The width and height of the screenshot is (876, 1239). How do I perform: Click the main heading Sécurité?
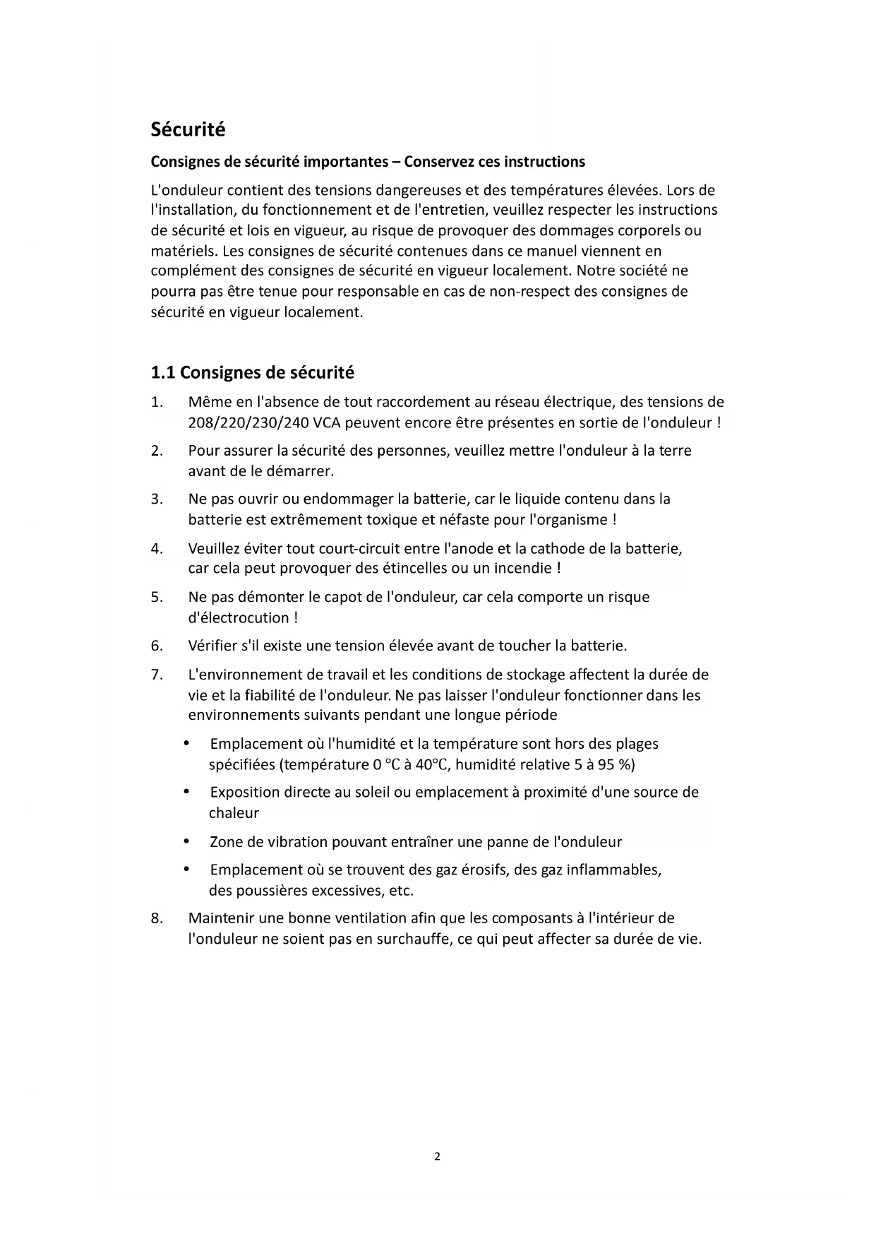click(x=188, y=130)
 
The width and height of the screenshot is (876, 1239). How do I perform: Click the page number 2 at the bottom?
click(x=437, y=1156)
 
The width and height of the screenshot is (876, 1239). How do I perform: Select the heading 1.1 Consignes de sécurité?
click(x=252, y=372)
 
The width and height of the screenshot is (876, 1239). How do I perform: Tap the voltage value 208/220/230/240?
click(x=248, y=423)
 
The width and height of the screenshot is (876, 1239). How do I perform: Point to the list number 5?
click(x=156, y=597)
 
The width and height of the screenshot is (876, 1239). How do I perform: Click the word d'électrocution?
click(x=239, y=618)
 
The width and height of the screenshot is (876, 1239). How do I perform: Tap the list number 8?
click(x=156, y=918)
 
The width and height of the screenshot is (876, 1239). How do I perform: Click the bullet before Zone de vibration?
click(x=186, y=842)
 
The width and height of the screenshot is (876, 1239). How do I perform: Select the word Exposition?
click(x=244, y=793)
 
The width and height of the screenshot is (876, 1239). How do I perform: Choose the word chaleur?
click(x=234, y=813)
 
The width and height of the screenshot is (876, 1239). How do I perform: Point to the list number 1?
click(x=156, y=403)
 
